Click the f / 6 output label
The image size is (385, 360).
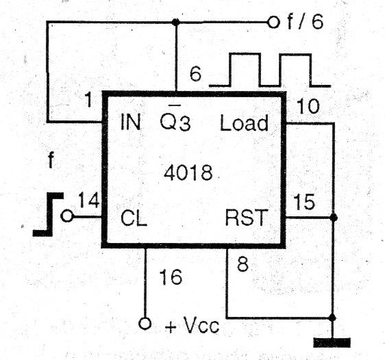tap(306, 22)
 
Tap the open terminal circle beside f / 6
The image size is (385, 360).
tap(273, 23)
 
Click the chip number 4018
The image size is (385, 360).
tap(188, 172)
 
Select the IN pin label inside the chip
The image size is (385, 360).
tap(131, 122)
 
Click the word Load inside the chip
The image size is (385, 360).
tap(244, 123)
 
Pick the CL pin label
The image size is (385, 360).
tap(134, 217)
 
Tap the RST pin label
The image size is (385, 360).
tap(246, 218)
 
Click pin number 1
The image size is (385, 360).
tap(88, 100)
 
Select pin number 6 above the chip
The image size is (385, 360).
tap(195, 74)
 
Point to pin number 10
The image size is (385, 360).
tap(308, 106)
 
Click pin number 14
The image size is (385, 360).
tap(89, 201)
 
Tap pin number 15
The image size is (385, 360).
tap(304, 202)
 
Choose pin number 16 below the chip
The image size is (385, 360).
tap(171, 277)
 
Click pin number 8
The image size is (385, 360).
tap(243, 264)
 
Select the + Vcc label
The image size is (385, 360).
tap(192, 326)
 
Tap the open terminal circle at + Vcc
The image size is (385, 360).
tap(145, 324)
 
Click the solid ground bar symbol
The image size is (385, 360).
tap(332, 343)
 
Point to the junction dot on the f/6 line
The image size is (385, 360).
tap(175, 23)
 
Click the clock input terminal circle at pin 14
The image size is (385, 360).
tap(66, 216)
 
